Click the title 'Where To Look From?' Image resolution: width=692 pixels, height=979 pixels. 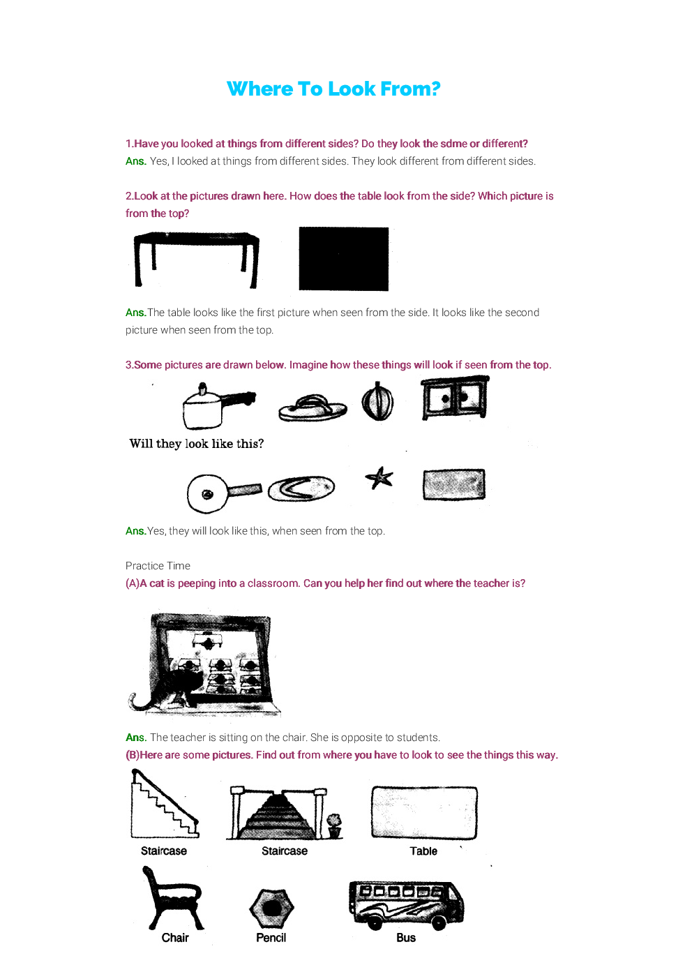click(x=333, y=89)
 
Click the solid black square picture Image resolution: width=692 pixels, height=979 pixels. click(x=343, y=259)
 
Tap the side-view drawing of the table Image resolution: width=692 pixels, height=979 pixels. click(x=196, y=258)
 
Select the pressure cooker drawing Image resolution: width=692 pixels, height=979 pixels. click(x=209, y=408)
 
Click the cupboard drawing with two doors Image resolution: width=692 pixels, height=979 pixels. click(x=455, y=398)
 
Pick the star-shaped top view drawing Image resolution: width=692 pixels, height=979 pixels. click(x=379, y=479)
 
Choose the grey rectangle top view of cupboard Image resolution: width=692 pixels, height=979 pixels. click(x=453, y=484)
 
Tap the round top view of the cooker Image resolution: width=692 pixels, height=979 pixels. click(x=208, y=494)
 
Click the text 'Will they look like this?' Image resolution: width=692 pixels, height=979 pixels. click(x=196, y=444)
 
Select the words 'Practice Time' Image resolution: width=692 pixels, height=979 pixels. click(x=158, y=566)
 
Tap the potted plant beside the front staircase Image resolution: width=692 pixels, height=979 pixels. click(x=335, y=825)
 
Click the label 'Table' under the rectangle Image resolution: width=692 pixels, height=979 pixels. click(x=423, y=851)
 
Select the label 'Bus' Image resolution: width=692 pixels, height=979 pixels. click(x=406, y=938)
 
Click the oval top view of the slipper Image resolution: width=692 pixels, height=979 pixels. click(x=301, y=488)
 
